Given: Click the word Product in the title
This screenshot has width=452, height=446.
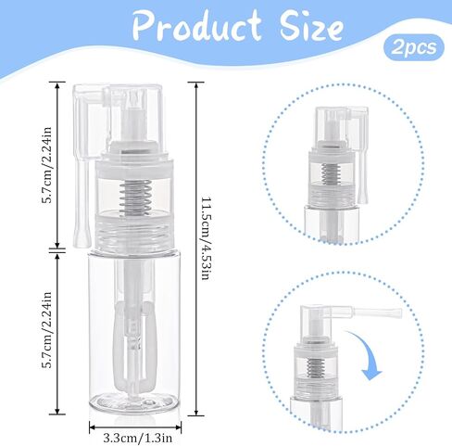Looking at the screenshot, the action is pos(197,26).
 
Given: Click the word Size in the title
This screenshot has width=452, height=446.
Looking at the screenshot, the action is pos(311,26).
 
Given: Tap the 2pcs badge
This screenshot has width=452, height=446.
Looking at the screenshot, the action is pos(414,48).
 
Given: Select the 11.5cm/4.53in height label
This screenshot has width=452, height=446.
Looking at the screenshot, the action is pos(207,237).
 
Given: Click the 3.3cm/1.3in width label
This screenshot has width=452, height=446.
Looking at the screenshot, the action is pos(138,438).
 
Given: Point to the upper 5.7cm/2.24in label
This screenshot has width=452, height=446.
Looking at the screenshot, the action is pos(47,164).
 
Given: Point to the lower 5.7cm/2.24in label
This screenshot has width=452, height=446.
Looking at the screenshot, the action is pos(47,329).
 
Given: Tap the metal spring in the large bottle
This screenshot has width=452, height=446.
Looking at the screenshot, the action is pos(136,198).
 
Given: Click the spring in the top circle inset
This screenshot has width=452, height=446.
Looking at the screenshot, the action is pos(331,173).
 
